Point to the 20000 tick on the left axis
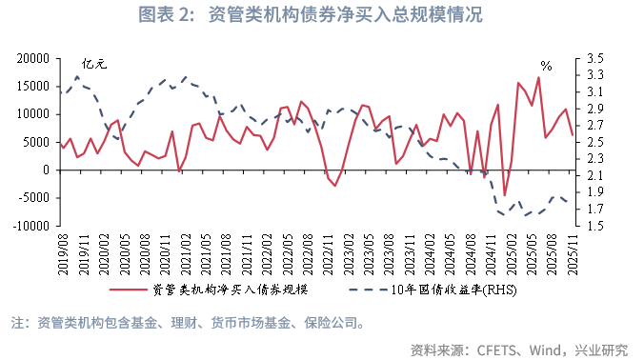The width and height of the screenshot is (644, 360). pos(32,59)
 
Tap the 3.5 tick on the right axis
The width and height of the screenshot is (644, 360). pos(596,59)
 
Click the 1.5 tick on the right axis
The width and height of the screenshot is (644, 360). pos(596,227)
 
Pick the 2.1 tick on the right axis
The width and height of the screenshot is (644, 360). pos(596,176)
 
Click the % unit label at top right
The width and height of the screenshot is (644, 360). pos(546,66)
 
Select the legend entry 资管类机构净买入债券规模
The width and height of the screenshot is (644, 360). pos(230,290)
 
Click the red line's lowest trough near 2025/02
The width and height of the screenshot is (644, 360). pos(505,195)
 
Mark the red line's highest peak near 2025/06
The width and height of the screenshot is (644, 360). pos(538,77)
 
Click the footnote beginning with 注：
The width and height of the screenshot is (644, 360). pos(191,322)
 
